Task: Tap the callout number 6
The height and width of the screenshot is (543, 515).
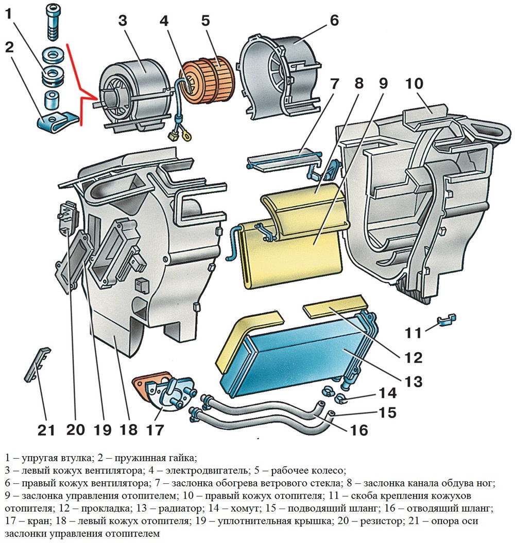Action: [x=334, y=21]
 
